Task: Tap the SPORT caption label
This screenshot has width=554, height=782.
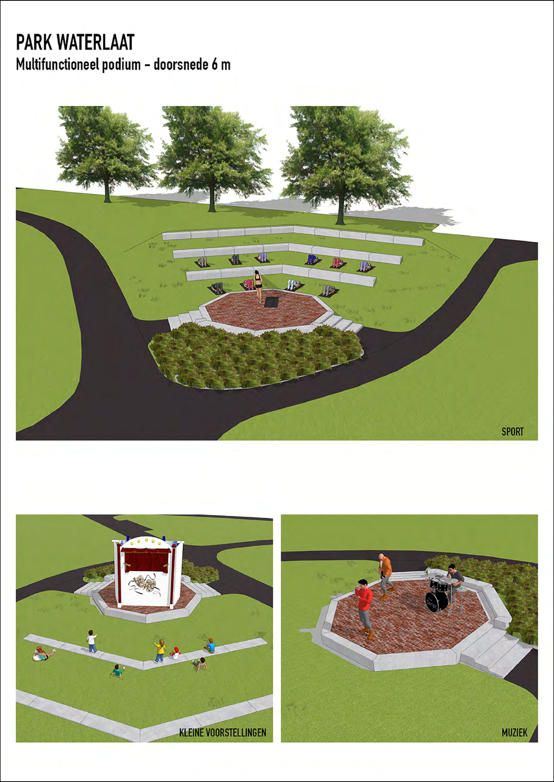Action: click(512, 432)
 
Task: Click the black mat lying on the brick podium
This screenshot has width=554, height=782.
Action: click(272, 302)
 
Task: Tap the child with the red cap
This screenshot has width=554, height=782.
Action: click(176, 653)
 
